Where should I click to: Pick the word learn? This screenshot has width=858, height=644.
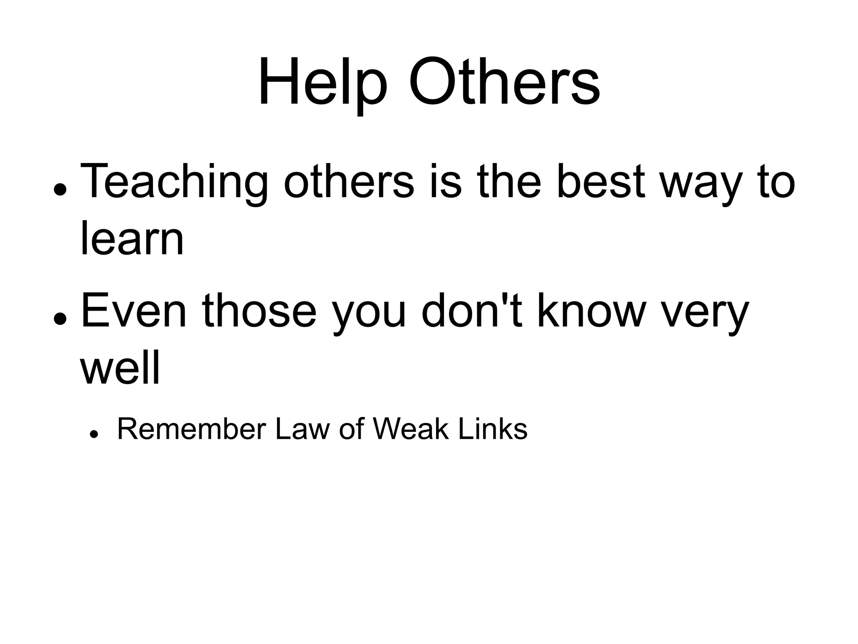[132, 239]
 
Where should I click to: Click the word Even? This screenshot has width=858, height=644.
[133, 312]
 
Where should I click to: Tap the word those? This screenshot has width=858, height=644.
[259, 312]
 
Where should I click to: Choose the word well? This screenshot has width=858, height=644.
[120, 369]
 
